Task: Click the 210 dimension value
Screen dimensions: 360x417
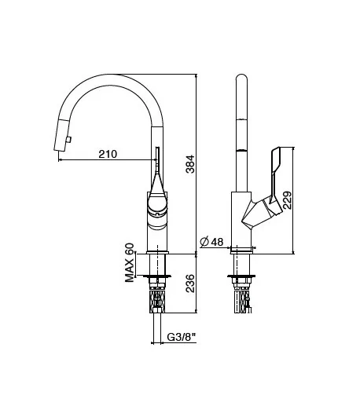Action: coord(108,154)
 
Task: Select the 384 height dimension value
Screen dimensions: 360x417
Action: coord(190,164)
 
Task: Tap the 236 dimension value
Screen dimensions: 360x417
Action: coord(190,283)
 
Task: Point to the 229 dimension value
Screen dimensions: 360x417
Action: coord(288,200)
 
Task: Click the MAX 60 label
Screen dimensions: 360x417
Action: coord(130,262)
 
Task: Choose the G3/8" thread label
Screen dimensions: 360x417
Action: coord(182,337)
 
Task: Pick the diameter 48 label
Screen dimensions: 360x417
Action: coord(211,242)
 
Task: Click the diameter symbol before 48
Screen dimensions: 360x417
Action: coord(204,242)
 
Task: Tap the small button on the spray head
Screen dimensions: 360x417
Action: coord(68,140)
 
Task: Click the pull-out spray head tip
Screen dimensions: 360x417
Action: coord(60,149)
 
